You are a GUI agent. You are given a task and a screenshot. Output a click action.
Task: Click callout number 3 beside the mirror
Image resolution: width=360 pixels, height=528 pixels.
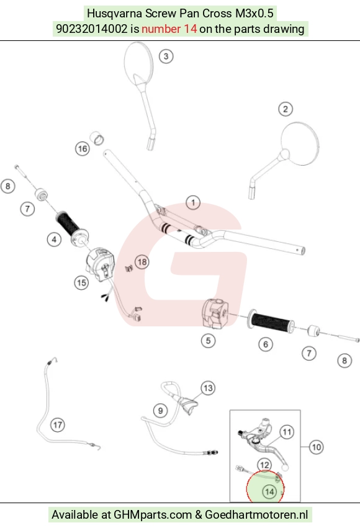[x=166, y=56]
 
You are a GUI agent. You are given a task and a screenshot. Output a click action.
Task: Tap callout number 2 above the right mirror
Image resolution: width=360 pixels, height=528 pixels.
[x=286, y=109]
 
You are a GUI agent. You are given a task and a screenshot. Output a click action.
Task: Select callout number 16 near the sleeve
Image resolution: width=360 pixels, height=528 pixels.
[x=83, y=148]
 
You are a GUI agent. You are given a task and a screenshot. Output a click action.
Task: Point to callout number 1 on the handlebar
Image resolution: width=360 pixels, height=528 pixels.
[x=193, y=203]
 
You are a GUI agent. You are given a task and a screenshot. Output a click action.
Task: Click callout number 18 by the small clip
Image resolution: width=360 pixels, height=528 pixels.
[x=142, y=262]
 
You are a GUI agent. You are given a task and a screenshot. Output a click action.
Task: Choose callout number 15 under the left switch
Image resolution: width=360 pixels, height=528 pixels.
[x=81, y=282]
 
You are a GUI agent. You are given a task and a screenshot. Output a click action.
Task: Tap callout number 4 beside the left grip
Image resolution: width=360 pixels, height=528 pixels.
[x=54, y=239]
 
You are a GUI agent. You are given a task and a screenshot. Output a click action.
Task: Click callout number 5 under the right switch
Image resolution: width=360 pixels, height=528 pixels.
[x=208, y=341]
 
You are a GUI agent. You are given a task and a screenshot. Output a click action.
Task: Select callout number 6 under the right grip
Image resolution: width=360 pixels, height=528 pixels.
[x=266, y=344]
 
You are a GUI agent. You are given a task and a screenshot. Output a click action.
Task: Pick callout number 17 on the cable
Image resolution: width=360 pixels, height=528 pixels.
[x=58, y=424]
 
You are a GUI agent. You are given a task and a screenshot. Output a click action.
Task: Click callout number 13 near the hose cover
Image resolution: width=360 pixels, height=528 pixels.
[x=208, y=388]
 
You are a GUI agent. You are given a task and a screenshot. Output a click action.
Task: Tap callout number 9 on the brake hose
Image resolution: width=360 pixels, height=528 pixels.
[x=160, y=411]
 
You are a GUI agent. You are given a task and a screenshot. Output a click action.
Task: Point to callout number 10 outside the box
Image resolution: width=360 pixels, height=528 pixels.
[x=316, y=447]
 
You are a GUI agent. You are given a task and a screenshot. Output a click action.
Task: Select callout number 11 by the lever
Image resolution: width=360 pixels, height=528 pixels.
[x=287, y=432]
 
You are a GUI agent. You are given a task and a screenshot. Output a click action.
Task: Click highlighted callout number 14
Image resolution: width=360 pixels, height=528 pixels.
[x=269, y=492]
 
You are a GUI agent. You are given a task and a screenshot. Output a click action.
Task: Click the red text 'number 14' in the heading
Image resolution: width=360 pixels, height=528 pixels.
[x=169, y=29]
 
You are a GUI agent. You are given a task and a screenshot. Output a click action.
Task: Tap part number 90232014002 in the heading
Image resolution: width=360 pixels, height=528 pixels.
[x=92, y=29]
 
